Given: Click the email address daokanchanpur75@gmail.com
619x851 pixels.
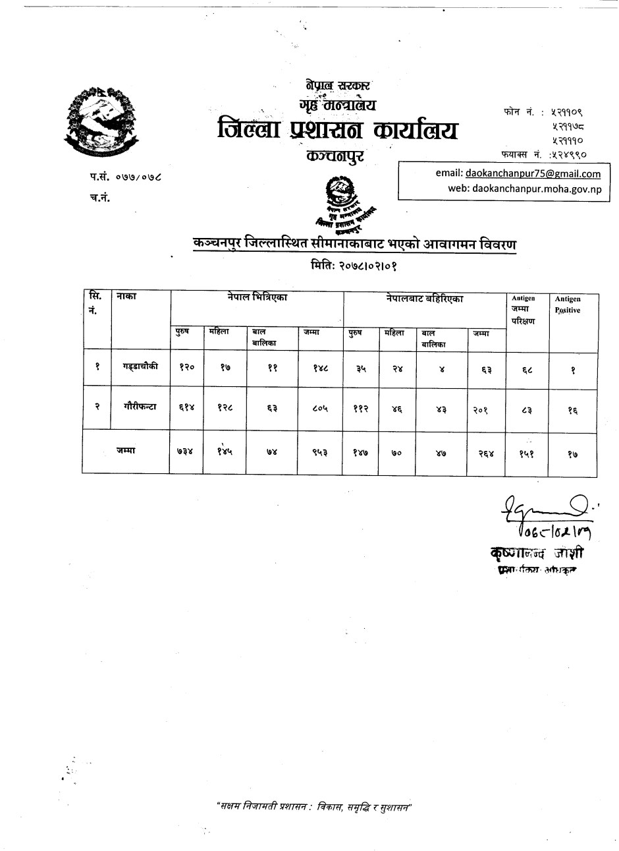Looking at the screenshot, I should [533, 174].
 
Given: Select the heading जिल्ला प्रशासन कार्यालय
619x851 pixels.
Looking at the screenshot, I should [337, 129].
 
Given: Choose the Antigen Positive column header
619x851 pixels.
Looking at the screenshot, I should [568, 305].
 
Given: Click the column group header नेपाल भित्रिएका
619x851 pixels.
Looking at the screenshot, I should [257, 299].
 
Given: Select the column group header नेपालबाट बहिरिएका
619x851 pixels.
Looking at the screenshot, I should [425, 299].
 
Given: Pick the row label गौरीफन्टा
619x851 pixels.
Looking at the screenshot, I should [140, 407].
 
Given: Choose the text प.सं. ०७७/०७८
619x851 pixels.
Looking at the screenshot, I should [124, 177].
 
